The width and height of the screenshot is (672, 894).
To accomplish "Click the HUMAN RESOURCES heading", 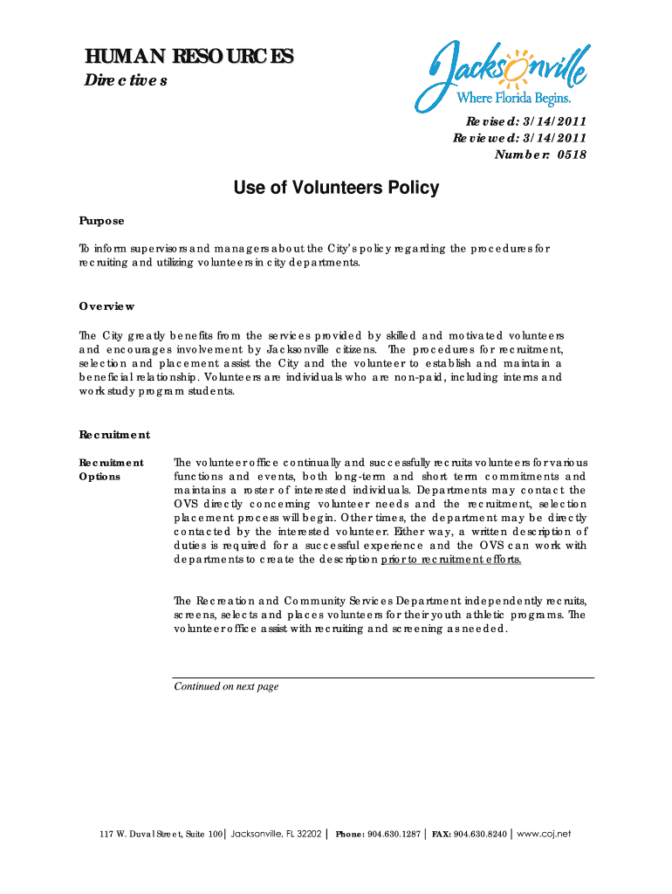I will [189, 58].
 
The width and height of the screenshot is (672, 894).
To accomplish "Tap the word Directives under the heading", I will [125, 81].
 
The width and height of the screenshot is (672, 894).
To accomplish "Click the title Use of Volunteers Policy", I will [336, 188].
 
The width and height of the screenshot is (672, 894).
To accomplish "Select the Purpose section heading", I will [101, 221].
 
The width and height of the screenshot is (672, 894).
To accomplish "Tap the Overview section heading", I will [106, 306].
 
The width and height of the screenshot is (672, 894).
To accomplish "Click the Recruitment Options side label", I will [111, 470].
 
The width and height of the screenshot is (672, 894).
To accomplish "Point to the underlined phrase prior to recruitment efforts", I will [451, 560].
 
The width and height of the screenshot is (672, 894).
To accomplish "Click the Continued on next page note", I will [226, 687].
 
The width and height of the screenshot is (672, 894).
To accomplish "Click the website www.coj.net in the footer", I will [544, 834].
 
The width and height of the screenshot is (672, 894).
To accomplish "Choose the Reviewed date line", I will [518, 139].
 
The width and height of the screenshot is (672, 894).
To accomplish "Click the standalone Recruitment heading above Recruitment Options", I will [114, 435].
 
